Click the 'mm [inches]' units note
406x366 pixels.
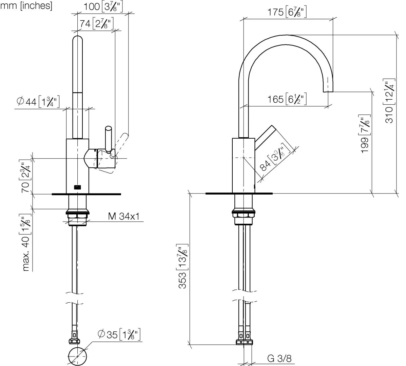(26, 5)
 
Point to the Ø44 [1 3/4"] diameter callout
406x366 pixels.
(38, 101)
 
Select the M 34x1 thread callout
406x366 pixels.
(123, 216)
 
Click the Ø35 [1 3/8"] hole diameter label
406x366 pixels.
(119, 334)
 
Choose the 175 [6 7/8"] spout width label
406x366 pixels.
(287, 12)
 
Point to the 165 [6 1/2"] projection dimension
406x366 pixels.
(287, 99)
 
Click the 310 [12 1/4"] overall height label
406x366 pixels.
(389, 101)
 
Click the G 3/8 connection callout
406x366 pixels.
(279, 359)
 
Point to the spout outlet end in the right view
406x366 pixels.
(328, 91)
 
